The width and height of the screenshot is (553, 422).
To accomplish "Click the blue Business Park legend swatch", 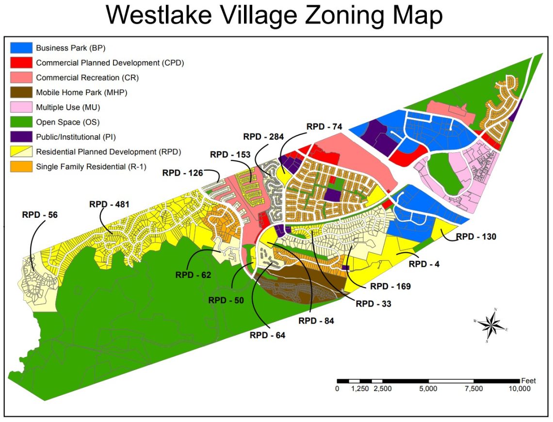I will (21, 48).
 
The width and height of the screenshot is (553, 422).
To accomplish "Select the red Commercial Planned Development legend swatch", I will (21, 63).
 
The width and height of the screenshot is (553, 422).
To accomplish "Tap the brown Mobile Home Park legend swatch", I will (21, 92).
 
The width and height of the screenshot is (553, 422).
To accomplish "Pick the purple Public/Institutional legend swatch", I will (21, 137).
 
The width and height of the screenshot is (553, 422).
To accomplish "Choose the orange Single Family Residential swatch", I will (21, 166).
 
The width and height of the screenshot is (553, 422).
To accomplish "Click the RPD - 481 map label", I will (109, 204).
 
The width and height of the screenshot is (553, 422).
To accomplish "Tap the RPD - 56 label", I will (40, 214).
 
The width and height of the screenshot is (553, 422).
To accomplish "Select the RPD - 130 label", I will (476, 237).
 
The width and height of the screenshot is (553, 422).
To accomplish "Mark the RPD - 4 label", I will (424, 264).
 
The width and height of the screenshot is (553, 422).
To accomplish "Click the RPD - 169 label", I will (390, 286).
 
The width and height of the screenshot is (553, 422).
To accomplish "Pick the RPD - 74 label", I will (325, 127).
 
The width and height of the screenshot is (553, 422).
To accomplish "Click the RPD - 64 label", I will (267, 335).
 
